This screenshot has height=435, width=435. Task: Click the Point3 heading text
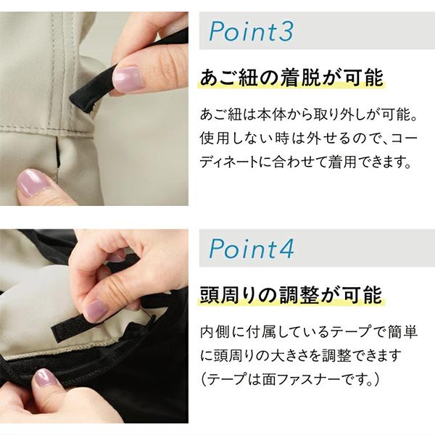coord(251,31)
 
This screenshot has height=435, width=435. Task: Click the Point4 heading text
coord(251,249)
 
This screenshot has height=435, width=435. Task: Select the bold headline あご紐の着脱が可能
coord(291,78)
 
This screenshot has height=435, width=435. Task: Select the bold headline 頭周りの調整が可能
coord(291,295)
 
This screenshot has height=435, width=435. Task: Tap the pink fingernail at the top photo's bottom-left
coord(31,183)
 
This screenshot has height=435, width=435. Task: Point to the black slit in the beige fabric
coord(58,153)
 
